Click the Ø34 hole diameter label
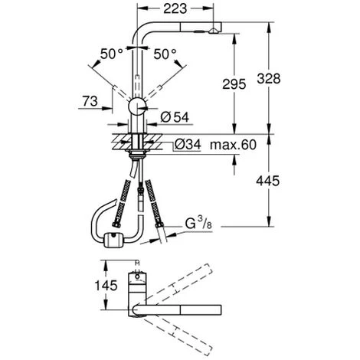(188, 143)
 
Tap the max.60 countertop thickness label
(233, 143)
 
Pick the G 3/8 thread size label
(196, 224)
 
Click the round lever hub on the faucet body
(136, 106)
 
